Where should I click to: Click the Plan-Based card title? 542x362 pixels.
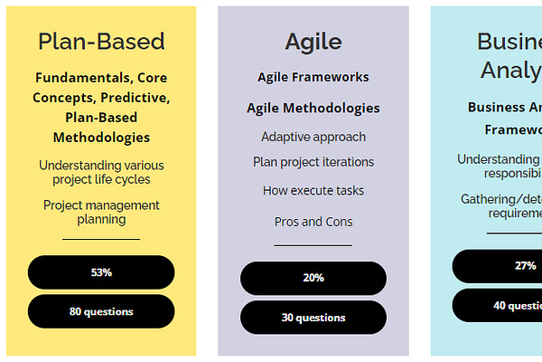tap(101, 42)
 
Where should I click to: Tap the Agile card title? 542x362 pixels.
tap(313, 42)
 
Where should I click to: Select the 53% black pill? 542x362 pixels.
tap(101, 272)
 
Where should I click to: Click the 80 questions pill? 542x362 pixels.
tap(101, 311)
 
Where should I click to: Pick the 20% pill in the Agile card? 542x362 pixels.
tap(313, 278)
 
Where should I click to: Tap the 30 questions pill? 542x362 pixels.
tap(313, 318)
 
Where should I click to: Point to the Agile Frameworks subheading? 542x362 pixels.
tap(313, 77)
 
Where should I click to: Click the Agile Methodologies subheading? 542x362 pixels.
tap(313, 108)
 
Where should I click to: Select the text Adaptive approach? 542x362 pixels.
tap(313, 137)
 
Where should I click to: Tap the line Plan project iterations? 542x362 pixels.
tap(313, 162)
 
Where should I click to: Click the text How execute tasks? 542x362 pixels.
tap(313, 191)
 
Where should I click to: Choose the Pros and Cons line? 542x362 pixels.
tap(313, 222)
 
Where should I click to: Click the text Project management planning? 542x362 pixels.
tap(101, 212)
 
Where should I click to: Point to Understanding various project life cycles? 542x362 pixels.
tap(101, 172)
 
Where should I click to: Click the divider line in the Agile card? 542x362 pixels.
tap(313, 245)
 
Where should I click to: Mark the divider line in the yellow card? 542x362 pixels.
tap(101, 239)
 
